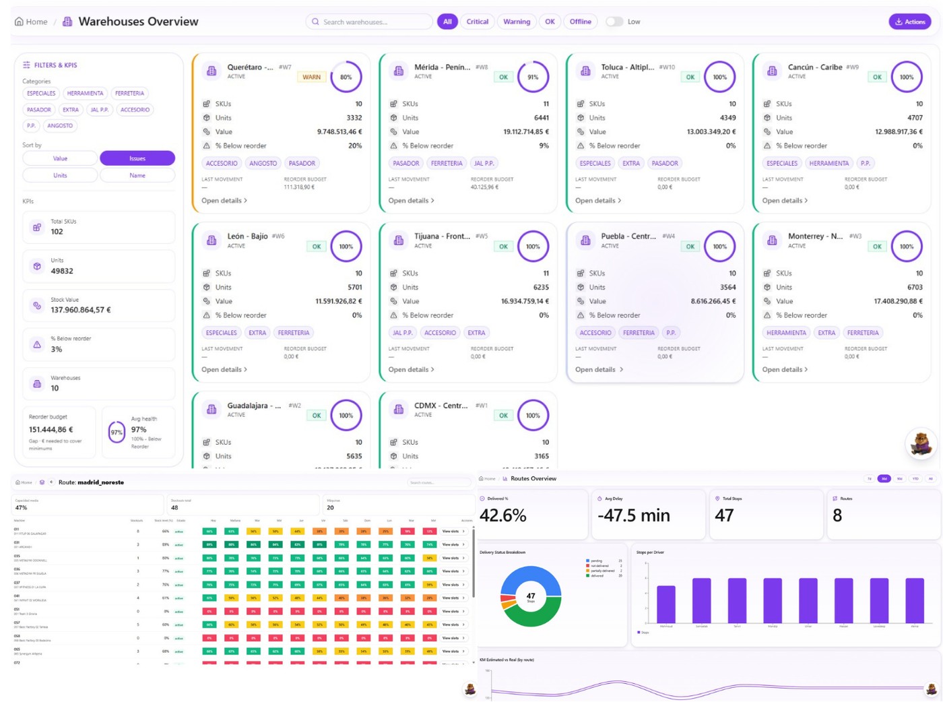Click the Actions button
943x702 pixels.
pyautogui.click(x=909, y=22)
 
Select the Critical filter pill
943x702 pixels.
pyautogui.click(x=477, y=22)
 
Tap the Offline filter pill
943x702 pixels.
pyautogui.click(x=580, y=22)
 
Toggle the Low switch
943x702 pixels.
pyautogui.click(x=614, y=22)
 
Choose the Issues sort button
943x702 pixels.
pyautogui.click(x=137, y=158)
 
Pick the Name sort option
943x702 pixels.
pyautogui.click(x=137, y=175)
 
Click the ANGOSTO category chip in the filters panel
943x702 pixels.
pyautogui.click(x=60, y=125)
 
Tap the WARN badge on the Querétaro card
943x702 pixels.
pyautogui.click(x=311, y=77)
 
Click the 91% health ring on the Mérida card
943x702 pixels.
pyautogui.click(x=533, y=77)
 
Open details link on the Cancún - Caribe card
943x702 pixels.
pyautogui.click(x=785, y=201)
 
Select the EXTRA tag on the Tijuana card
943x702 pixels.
pyautogui.click(x=476, y=333)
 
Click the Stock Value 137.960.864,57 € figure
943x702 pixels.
pyautogui.click(x=81, y=310)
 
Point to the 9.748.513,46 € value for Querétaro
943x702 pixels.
pyautogui.click(x=339, y=132)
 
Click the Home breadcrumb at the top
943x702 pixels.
pyautogui.click(x=32, y=22)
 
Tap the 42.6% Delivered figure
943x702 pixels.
pyautogui.click(x=502, y=515)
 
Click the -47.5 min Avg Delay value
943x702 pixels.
pyautogui.click(x=633, y=515)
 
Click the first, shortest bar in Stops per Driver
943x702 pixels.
pyautogui.click(x=665, y=604)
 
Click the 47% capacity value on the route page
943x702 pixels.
pyautogui.click(x=21, y=507)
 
